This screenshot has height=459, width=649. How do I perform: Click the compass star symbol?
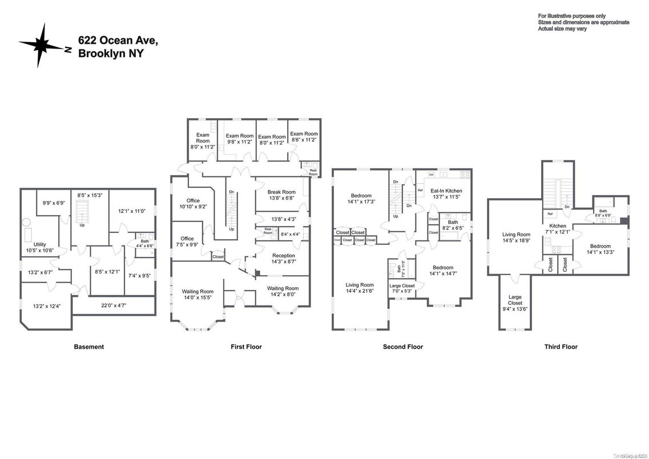click(x=41, y=45)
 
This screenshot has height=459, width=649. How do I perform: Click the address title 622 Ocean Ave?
click(x=118, y=40)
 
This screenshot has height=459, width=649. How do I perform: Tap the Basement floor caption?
click(x=88, y=347)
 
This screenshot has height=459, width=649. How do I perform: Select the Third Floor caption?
click(x=561, y=347)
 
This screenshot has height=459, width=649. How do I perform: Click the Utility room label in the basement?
click(x=39, y=244)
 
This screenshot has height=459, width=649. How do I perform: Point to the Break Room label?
click(x=281, y=192)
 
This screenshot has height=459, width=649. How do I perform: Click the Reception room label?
click(x=283, y=256)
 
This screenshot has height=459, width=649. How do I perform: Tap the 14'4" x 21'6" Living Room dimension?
click(x=359, y=291)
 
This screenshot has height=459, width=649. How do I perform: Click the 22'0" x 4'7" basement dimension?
click(x=114, y=306)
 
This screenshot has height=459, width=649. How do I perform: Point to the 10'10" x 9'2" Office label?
click(x=192, y=204)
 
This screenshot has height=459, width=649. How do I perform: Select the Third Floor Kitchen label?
click(x=557, y=226)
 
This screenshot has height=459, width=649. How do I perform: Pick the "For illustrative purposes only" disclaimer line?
click(x=571, y=16)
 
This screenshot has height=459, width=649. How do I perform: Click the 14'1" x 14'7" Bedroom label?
click(x=442, y=271)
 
